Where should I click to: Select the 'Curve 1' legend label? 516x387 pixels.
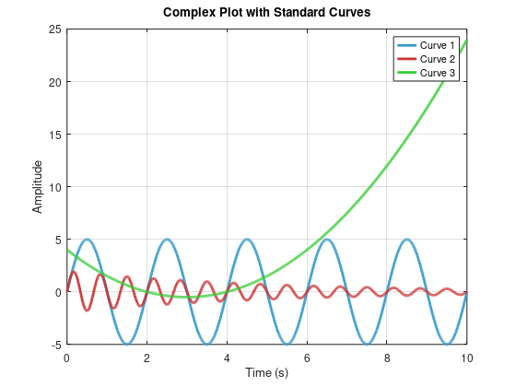click(x=438, y=45)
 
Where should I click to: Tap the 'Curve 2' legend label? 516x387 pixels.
click(x=438, y=59)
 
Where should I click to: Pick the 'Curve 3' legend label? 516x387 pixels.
click(x=438, y=73)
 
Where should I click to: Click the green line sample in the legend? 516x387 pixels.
click(x=406, y=73)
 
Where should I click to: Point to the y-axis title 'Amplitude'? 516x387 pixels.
click(x=38, y=186)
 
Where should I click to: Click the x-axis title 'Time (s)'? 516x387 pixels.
click(x=266, y=372)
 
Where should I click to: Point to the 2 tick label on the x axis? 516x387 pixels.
click(x=147, y=356)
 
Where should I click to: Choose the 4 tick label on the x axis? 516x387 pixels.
click(x=227, y=356)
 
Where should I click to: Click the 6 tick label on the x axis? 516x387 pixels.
click(x=307, y=356)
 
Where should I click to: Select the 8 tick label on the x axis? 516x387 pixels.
click(x=387, y=356)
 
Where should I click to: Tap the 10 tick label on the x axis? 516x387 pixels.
click(x=466, y=356)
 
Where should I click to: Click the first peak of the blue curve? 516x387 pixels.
click(x=87, y=240)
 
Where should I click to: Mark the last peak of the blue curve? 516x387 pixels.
click(x=406, y=240)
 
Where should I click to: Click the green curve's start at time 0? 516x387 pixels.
click(x=67, y=250)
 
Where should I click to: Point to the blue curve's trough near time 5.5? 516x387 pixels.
click(x=287, y=345)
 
